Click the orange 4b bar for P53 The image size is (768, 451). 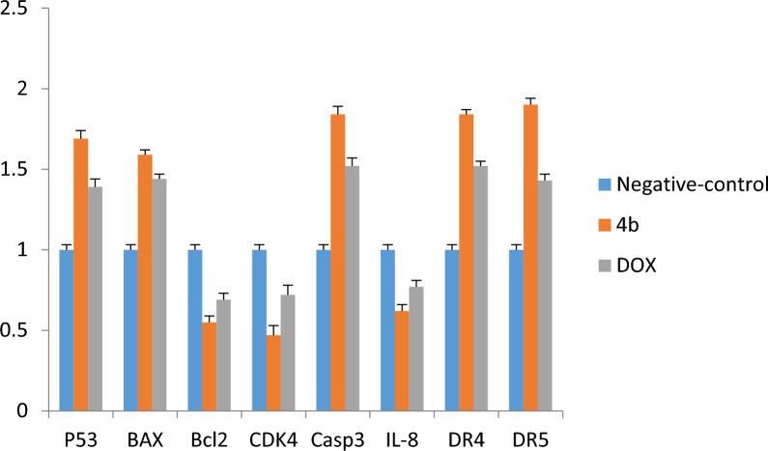pyautogui.click(x=80, y=275)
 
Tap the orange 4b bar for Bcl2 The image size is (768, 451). pyautogui.click(x=208, y=367)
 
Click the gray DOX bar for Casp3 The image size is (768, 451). pyautogui.click(x=351, y=289)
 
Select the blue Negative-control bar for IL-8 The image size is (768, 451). pyautogui.click(x=387, y=330)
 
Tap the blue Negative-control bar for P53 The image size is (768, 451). pyautogui.click(x=67, y=330)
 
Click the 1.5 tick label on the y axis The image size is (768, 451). pyautogui.click(x=21, y=170)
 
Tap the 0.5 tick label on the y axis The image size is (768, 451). pyautogui.click(x=21, y=331)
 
